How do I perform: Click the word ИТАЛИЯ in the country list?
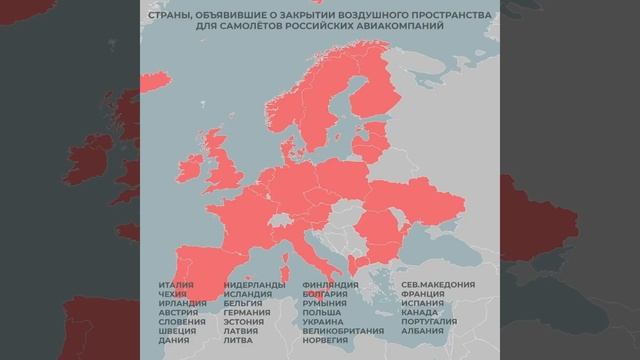175,285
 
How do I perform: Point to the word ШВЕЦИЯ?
176,331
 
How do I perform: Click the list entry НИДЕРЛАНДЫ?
254,285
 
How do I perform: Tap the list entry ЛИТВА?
239,340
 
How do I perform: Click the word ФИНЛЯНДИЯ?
330,285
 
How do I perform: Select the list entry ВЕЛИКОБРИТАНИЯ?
342,331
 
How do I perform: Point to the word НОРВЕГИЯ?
326,340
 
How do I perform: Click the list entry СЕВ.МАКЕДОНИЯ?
438,285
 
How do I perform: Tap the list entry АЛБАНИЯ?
422,331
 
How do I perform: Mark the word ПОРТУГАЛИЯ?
430,322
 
